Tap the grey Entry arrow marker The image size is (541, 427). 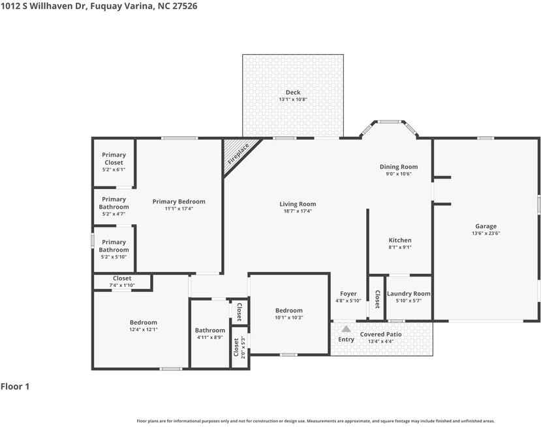(x=346, y=329)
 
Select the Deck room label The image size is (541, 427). (x=293, y=93)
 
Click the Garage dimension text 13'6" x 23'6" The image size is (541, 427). (x=486, y=233)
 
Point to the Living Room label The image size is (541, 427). (x=298, y=204)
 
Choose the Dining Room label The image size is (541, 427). (x=399, y=167)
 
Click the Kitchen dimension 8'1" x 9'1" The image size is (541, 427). (x=400, y=247)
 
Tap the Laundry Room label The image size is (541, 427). (x=409, y=293)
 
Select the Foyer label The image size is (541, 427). (x=348, y=293)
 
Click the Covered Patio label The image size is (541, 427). (x=380, y=334)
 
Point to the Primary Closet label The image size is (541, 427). (x=114, y=158)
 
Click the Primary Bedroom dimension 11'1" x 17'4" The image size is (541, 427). (x=179, y=209)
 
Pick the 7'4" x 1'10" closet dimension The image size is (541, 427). (x=122, y=285)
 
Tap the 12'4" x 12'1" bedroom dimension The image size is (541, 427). (x=144, y=329)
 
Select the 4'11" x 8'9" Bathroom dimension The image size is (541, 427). (x=209, y=338)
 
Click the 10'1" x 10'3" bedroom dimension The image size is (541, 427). (x=289, y=317)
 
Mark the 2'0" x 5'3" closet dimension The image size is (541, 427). (x=243, y=347)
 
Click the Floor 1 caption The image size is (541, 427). (x=15, y=387)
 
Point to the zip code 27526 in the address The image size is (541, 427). (x=185, y=6)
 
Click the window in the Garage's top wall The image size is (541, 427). (x=486, y=138)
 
